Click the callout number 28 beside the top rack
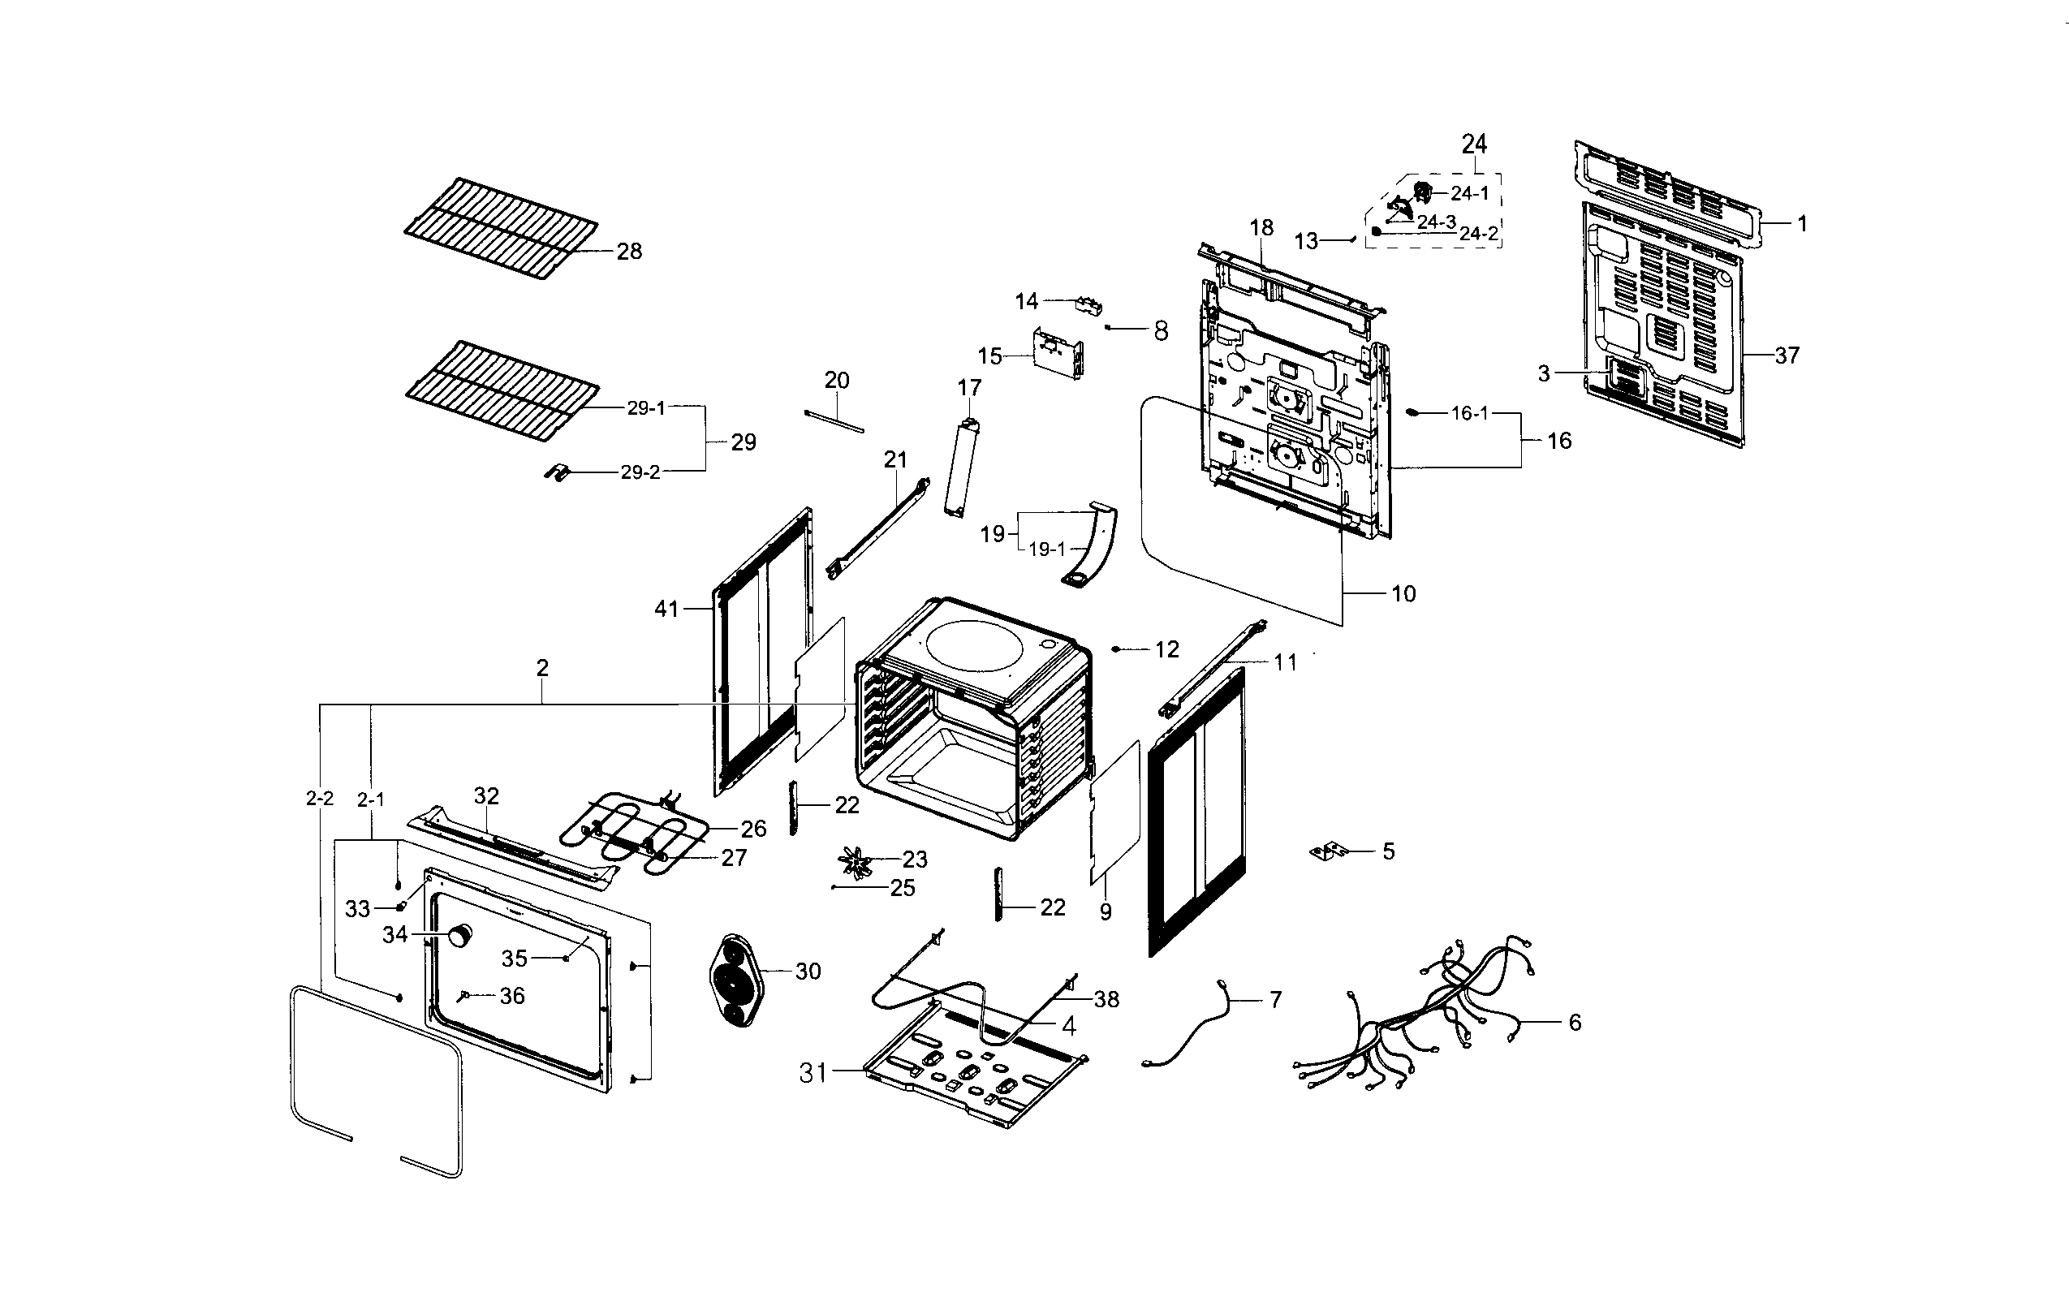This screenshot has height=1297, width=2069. click(629, 252)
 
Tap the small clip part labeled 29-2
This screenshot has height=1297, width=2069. click(558, 472)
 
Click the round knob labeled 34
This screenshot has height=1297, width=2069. click(461, 936)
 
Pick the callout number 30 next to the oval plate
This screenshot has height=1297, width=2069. click(808, 971)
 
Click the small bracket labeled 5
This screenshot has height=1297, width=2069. click(1328, 851)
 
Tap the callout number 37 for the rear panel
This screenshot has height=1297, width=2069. click(1786, 355)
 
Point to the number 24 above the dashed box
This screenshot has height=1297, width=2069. click(1474, 143)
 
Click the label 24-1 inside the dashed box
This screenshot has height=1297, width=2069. click(1469, 194)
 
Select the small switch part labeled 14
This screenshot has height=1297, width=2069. click(1088, 304)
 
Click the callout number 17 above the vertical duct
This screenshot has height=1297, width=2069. click(969, 388)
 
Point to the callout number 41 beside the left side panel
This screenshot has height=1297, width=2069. click(666, 609)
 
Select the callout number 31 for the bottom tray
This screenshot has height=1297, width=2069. click(813, 1072)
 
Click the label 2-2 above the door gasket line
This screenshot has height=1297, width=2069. click(319, 799)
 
